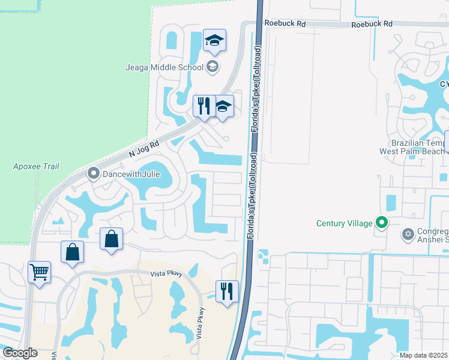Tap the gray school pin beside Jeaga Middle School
click(212, 67)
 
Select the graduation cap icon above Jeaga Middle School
click(214, 41)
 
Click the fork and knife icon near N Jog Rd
click(204, 106)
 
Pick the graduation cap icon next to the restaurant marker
click(223, 107)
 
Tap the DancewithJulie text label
click(130, 175)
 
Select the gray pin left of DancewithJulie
click(93, 175)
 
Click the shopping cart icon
click(40, 272)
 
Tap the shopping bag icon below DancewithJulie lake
click(112, 239)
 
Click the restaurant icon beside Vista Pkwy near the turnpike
click(227, 292)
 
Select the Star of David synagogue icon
click(408, 233)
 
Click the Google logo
click(20, 353)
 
